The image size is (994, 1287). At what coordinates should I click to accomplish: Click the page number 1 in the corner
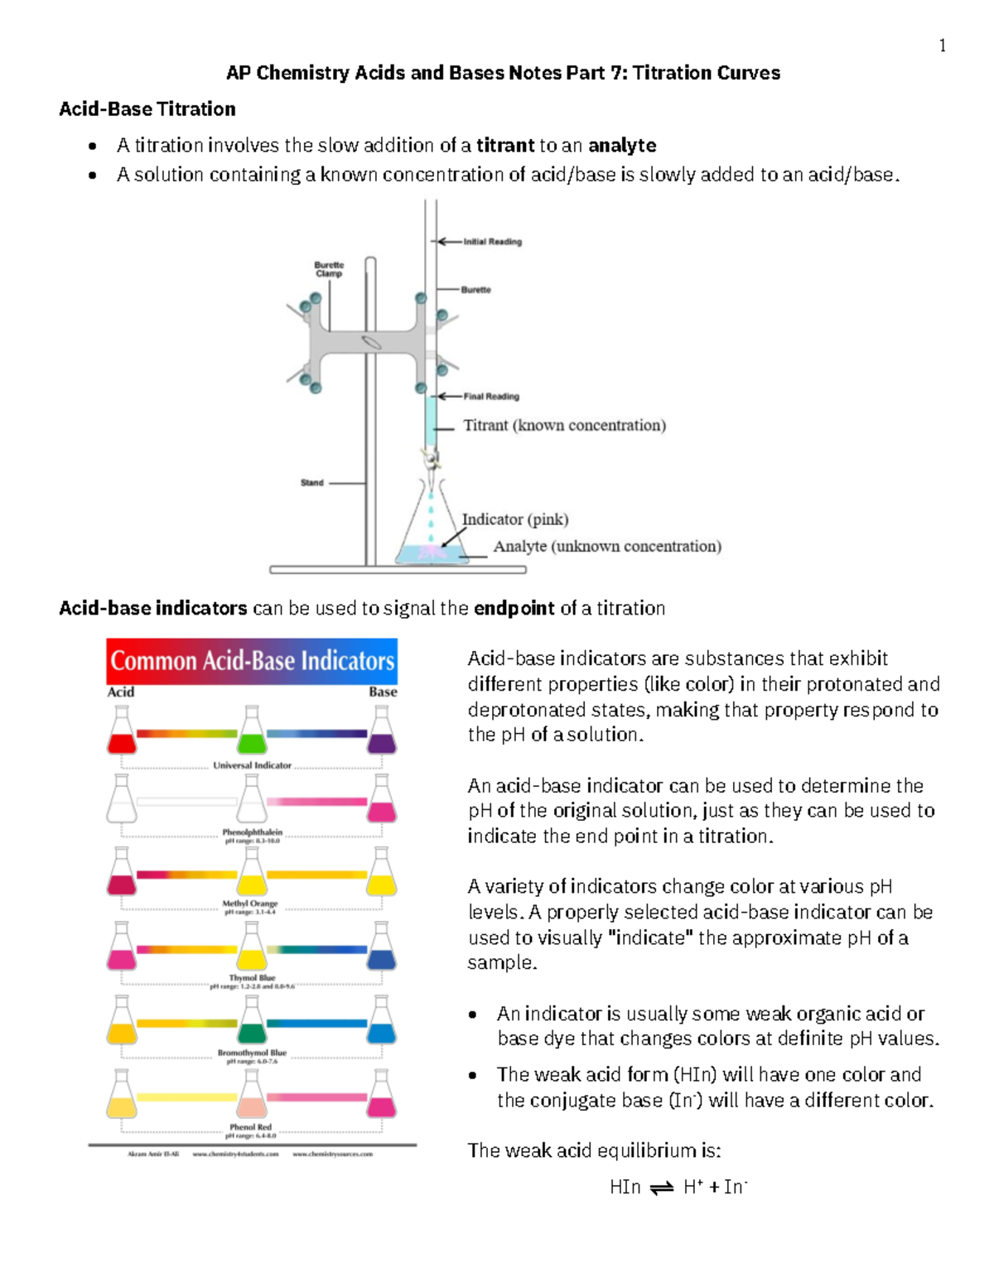(942, 46)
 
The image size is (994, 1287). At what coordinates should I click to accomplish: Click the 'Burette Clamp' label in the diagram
(329, 269)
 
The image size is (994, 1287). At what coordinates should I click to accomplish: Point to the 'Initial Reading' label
(492, 242)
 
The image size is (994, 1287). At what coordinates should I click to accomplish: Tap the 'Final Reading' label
(491, 397)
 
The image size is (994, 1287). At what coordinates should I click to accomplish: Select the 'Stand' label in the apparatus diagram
(312, 483)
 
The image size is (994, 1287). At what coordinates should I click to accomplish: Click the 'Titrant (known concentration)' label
(564, 426)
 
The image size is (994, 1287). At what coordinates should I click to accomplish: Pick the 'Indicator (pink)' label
(514, 519)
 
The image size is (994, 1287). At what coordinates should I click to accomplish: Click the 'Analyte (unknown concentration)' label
(607, 547)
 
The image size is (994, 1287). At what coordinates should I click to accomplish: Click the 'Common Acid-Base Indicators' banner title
(252, 661)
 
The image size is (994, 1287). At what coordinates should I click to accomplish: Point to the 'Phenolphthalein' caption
(252, 831)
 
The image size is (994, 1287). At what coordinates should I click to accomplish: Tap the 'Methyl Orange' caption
(250, 904)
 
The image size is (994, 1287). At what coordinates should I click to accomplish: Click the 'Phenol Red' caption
(250, 1127)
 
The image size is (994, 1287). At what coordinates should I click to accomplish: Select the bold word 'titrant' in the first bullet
(505, 146)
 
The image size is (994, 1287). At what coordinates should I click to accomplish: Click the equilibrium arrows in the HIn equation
(662, 1188)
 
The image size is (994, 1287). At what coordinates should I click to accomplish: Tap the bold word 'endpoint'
(514, 609)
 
